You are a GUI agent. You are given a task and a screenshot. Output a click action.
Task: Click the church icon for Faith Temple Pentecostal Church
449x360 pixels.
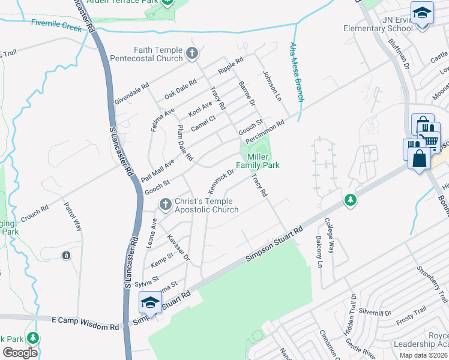pos(192,54)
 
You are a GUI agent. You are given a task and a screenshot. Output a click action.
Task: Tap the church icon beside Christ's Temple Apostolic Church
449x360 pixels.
pos(166,205)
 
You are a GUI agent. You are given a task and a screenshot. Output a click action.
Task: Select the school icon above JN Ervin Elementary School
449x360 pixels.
pos(422,12)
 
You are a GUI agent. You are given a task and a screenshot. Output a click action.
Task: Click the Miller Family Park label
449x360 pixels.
pos(258,160)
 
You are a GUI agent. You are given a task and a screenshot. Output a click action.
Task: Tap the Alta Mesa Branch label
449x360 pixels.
pos(297,72)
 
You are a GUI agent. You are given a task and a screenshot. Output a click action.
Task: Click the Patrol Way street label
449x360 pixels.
pos(73,217)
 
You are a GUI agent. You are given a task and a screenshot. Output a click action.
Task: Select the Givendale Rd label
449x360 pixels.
pos(131,95)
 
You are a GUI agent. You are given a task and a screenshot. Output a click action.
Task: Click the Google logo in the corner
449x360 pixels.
pos(20,352)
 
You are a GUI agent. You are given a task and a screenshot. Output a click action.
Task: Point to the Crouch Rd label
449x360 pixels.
pos(34,214)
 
